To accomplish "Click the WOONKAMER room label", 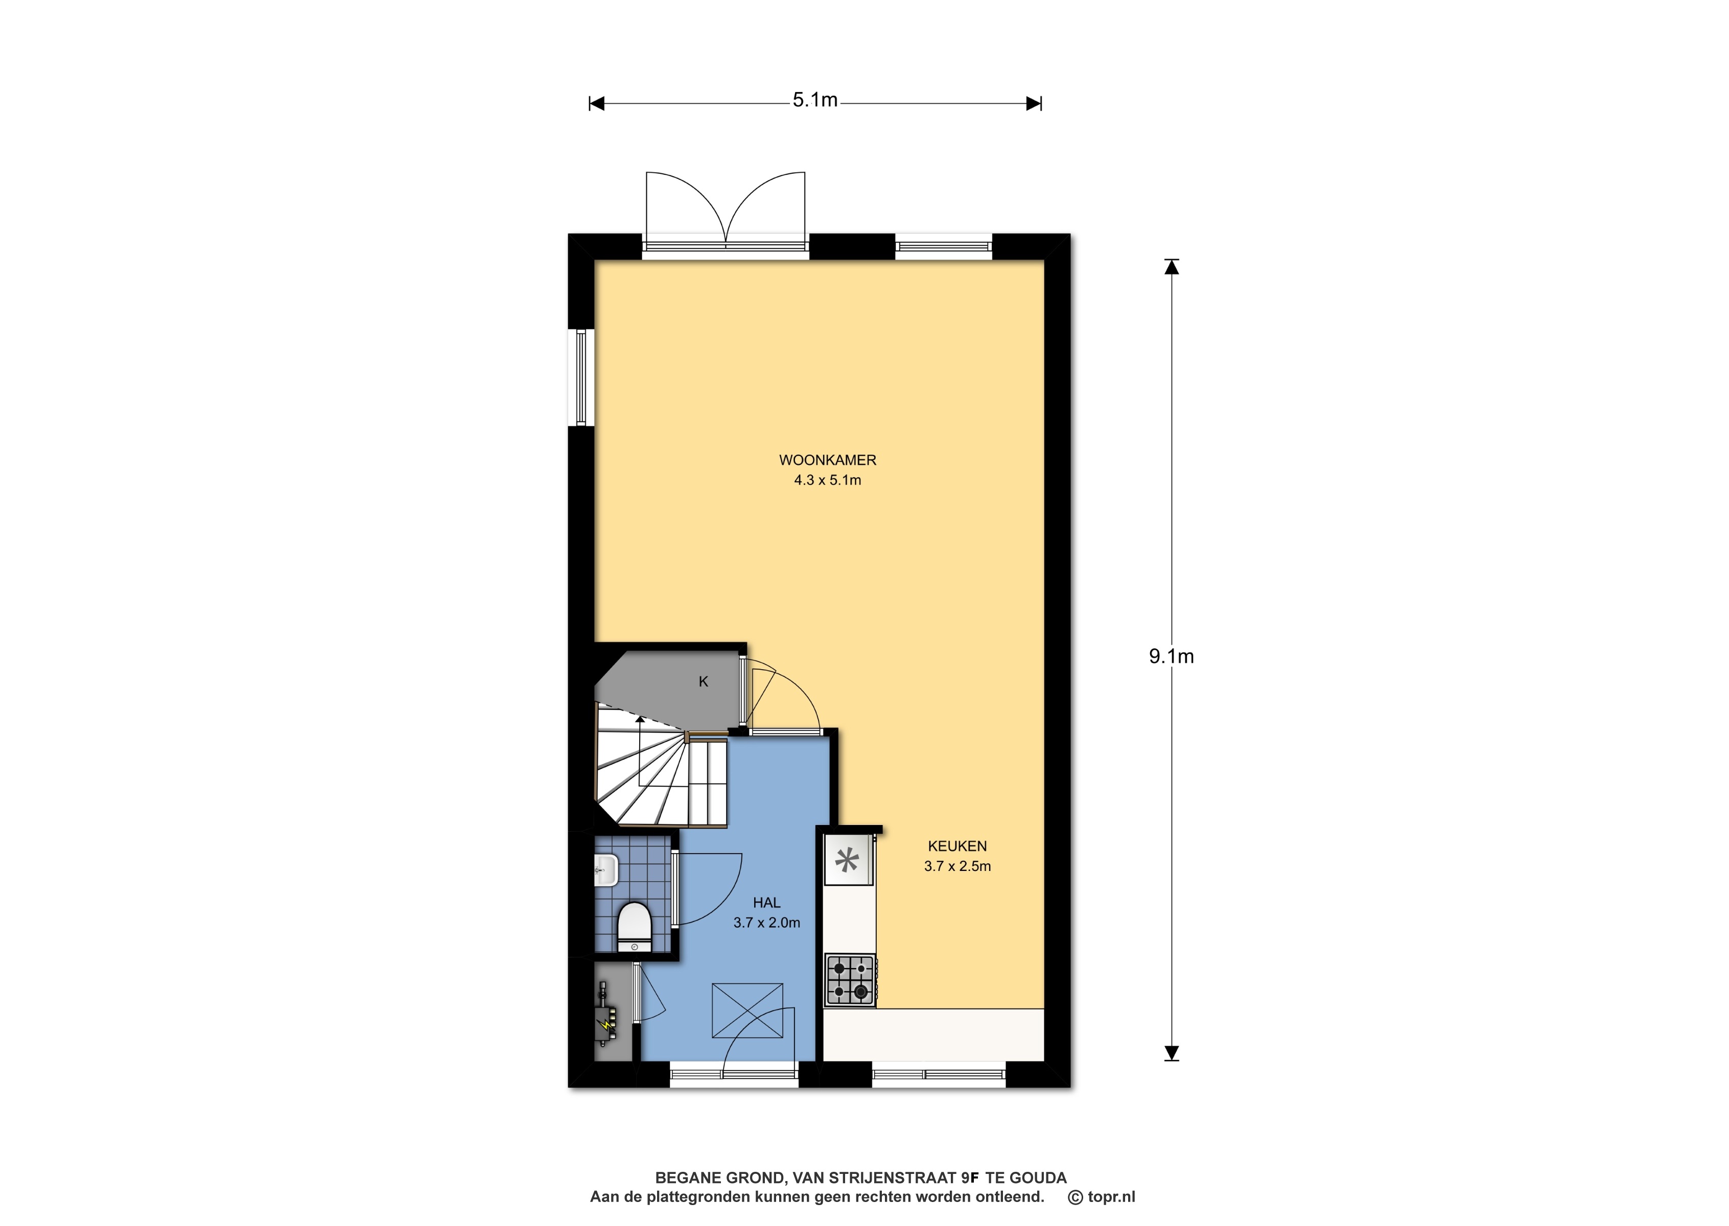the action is point(828,460).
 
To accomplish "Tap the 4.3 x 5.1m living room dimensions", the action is point(828,480).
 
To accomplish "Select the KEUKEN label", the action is point(957,846).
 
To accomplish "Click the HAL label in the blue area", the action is point(766,902).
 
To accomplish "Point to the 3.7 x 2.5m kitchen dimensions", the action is point(957,867).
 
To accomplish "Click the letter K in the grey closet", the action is point(703,681).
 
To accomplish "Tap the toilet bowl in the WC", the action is point(634,927).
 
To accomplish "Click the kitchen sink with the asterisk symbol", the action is point(848,859).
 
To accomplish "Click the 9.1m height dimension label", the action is point(1171,657).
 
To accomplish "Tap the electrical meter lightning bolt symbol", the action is point(605,1024).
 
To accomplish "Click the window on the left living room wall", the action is point(581,376).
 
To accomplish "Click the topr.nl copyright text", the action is point(1102,1196).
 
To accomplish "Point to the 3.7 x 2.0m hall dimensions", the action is point(766,923).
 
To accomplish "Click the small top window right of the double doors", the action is point(943,246).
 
